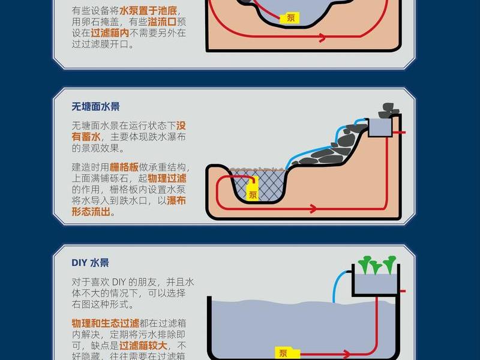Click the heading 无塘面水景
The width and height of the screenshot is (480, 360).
(x=95, y=107)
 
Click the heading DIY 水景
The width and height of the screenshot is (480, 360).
(x=91, y=263)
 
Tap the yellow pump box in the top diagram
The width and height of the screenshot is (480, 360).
(x=290, y=18)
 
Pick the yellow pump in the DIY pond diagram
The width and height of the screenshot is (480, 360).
(x=287, y=353)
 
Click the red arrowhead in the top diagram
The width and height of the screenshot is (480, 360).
(x=322, y=37)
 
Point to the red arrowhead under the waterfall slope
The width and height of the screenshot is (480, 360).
(x=313, y=209)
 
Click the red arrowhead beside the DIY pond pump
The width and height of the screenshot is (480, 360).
(x=346, y=355)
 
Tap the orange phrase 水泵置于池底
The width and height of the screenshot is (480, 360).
(x=148, y=11)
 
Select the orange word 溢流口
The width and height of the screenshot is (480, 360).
(x=162, y=22)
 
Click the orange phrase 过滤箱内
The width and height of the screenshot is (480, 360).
(x=110, y=33)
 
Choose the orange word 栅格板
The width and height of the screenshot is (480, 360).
(x=124, y=167)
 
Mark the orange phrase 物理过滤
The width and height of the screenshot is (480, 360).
(x=167, y=178)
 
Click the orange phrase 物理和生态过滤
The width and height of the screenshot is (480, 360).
(x=106, y=323)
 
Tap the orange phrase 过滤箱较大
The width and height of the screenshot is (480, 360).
(x=143, y=346)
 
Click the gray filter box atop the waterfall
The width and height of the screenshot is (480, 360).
(x=380, y=127)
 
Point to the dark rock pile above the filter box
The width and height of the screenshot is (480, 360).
(x=388, y=110)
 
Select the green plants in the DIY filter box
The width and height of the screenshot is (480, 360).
(x=377, y=265)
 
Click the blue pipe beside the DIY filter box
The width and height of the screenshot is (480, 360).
(x=338, y=283)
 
